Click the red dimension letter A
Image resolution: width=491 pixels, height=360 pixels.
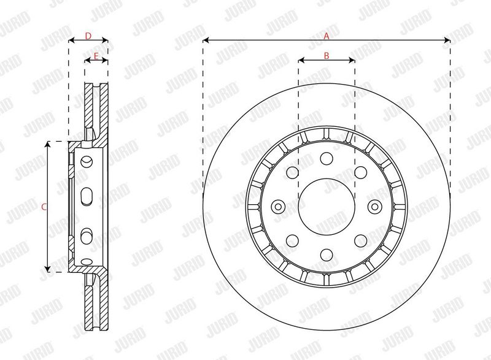(x=327, y=36)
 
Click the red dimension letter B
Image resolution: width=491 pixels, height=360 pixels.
(x=327, y=56)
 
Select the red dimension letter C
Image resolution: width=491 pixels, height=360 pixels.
(x=44, y=207)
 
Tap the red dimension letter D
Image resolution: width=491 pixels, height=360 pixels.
(x=88, y=36)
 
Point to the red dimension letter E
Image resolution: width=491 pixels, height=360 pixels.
(x=96, y=56)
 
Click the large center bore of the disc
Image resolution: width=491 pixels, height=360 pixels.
(x=327, y=207)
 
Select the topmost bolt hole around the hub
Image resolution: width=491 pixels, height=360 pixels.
(x=327, y=159)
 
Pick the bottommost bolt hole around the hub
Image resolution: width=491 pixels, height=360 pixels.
(x=327, y=255)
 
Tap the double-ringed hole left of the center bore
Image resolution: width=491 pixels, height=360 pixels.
(x=278, y=207)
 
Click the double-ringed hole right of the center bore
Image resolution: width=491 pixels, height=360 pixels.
(x=375, y=207)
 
